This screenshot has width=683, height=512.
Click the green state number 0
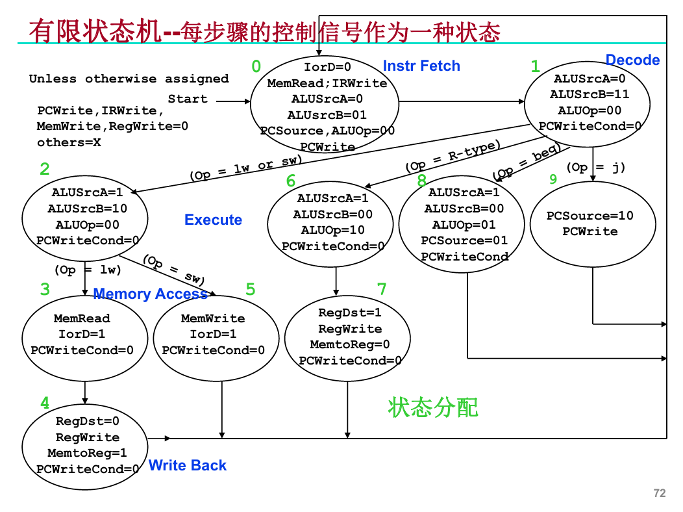click(256, 66)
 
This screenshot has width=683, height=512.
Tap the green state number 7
click(382, 288)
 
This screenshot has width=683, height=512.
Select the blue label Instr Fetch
click(421, 66)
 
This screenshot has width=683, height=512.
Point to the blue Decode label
click(632, 60)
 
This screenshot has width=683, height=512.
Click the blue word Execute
click(213, 220)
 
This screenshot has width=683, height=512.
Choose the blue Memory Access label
click(150, 294)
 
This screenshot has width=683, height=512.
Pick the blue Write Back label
click(188, 465)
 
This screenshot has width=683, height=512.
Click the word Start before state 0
click(188, 99)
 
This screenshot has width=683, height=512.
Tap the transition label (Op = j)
click(595, 168)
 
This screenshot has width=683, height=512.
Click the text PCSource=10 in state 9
click(590, 216)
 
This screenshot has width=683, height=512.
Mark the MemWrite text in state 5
click(213, 318)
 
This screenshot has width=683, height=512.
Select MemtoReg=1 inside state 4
click(88, 453)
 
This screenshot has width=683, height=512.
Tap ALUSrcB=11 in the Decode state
click(590, 94)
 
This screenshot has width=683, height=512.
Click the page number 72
click(660, 493)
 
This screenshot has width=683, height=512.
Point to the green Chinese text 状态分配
click(433, 407)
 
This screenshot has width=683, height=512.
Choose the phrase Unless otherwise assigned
click(129, 79)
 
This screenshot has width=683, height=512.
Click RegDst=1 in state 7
click(349, 313)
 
